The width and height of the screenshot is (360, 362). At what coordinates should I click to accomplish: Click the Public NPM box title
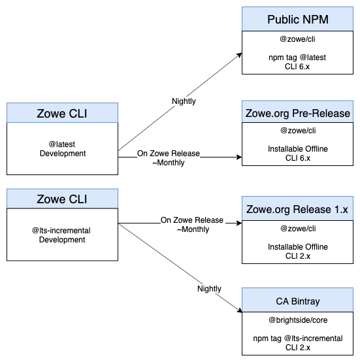[297, 19]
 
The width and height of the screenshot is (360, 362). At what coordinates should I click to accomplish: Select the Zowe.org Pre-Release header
[297, 110]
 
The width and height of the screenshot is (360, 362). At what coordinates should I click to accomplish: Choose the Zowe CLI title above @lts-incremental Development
[62, 199]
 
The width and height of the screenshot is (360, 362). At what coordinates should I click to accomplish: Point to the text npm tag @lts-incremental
[297, 338]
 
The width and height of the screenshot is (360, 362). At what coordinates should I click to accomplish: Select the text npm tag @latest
[297, 58]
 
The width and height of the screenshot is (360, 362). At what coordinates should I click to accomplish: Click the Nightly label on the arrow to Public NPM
[184, 101]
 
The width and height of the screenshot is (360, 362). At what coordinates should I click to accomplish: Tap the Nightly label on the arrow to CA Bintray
[209, 288]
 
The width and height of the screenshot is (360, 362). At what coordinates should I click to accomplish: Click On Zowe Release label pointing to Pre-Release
[169, 154]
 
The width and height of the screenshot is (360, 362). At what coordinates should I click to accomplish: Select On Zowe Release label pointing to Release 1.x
[192, 221]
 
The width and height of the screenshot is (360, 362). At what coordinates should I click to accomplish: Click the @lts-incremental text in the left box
[62, 231]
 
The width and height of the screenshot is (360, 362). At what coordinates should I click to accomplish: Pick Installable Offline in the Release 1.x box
[297, 246]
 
